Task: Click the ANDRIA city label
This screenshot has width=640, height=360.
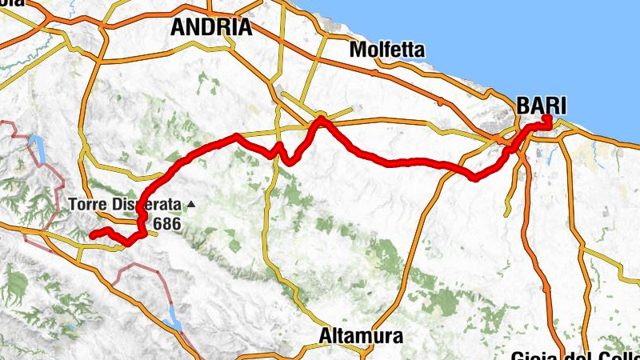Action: (x=211, y=27)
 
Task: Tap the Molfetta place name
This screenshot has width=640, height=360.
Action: (x=387, y=50)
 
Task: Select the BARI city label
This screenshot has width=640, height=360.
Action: (x=542, y=105)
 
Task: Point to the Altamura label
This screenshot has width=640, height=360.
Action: (x=360, y=334)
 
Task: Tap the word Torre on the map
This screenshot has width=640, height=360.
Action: (x=86, y=203)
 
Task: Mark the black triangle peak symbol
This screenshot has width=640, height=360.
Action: (x=190, y=203)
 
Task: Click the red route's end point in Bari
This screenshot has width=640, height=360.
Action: (x=548, y=119)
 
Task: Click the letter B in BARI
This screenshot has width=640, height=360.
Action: (x=524, y=105)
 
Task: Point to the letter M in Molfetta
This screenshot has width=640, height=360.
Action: (x=358, y=50)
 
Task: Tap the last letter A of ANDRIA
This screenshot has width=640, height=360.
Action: (x=244, y=27)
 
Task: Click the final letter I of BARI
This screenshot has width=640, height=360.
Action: (x=562, y=105)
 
